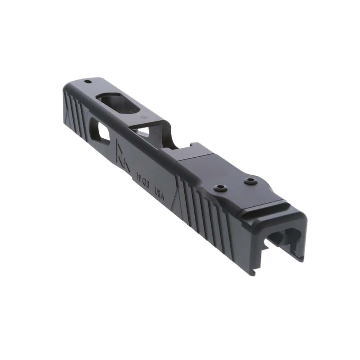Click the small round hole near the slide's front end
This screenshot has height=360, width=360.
pyautogui.click(x=87, y=81)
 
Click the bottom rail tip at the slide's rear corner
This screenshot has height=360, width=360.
pyautogui.click(x=254, y=272)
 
